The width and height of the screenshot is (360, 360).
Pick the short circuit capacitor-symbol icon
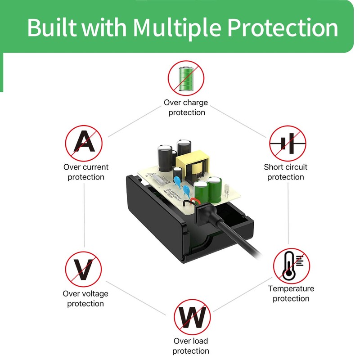(288, 144)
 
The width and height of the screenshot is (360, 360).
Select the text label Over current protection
(86, 172)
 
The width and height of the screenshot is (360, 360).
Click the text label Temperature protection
(291, 293)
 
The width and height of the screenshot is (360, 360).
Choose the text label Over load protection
(191, 346)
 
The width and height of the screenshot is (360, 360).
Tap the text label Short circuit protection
(286, 172)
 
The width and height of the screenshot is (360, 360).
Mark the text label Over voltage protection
(85, 298)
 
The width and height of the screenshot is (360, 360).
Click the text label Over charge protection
(186, 108)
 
